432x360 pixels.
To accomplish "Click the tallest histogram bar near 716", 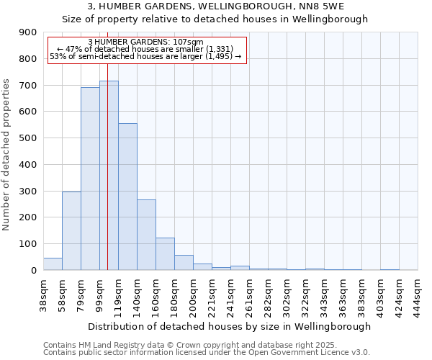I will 109,176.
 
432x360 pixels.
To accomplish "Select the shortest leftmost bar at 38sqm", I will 53,264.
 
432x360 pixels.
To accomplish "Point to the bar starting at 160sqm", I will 165,253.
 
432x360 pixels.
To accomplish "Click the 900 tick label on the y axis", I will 27,32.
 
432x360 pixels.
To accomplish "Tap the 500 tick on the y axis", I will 27,138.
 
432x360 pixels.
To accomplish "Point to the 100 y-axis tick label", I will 27,244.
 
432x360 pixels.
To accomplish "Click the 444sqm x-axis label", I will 418,293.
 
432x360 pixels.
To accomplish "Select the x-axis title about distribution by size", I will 230,326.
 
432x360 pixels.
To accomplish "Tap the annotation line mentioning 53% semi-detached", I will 145,55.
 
